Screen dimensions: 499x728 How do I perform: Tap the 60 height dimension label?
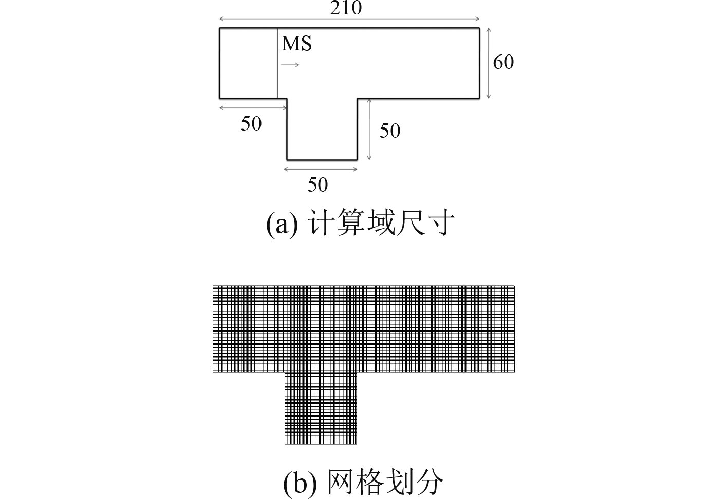[x=503, y=62]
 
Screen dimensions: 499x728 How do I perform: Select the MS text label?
[x=296, y=44]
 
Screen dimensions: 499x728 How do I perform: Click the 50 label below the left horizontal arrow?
[x=251, y=124]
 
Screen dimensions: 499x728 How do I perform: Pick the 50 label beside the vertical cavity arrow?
[x=389, y=131]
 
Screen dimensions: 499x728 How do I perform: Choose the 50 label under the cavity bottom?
[x=318, y=184]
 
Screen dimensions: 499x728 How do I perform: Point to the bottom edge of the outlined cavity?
[x=322, y=160]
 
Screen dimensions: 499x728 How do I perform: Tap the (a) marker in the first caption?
[x=282, y=225]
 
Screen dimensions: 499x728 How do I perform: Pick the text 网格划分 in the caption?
[x=385, y=483]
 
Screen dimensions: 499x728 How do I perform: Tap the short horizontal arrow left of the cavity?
[x=253, y=107]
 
